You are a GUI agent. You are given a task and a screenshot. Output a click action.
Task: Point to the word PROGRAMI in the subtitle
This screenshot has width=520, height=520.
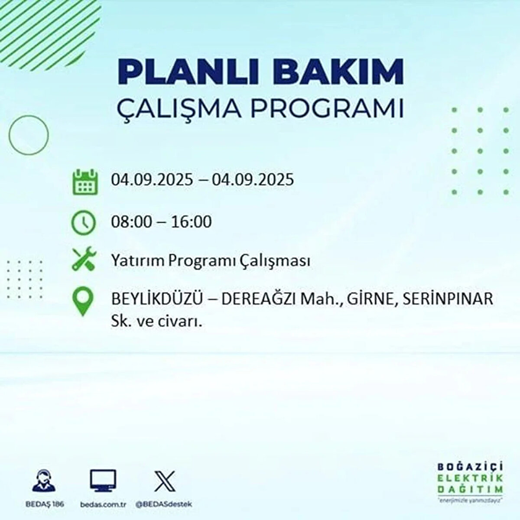pyautogui.click(x=327, y=109)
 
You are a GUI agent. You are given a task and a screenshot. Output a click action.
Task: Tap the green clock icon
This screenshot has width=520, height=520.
pyautogui.click(x=83, y=222)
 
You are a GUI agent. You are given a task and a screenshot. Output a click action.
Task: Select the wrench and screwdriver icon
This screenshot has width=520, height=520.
pyautogui.click(x=83, y=259)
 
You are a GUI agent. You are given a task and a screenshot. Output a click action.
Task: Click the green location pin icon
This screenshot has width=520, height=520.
pyautogui.click(x=83, y=302)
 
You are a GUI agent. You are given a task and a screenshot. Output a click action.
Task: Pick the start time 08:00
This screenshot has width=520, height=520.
pyautogui.click(x=132, y=222)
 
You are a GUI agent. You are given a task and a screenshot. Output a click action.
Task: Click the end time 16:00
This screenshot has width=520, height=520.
pyautogui.click(x=191, y=222)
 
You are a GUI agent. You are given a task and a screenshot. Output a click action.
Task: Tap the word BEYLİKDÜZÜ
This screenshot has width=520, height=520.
pyautogui.click(x=156, y=299)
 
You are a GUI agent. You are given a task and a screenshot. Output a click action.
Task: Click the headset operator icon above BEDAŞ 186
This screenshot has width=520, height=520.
pyautogui.click(x=44, y=481)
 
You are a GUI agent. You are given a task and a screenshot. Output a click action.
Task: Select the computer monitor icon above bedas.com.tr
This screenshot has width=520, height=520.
pyautogui.click(x=103, y=481)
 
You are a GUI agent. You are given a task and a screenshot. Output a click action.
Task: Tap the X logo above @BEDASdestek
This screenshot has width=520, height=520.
pyautogui.click(x=165, y=481)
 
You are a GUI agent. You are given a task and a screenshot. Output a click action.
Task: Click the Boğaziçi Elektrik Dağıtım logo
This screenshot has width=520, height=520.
pyautogui.click(x=470, y=481)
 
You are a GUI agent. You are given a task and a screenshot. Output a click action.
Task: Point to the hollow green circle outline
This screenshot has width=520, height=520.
pyautogui.click(x=29, y=135)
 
